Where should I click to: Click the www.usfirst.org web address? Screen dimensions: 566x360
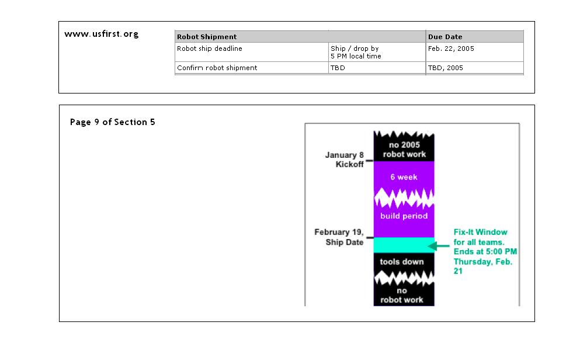102,34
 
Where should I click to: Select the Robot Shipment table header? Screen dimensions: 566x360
207,37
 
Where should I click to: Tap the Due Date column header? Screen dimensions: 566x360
445,37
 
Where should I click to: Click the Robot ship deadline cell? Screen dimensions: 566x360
209,49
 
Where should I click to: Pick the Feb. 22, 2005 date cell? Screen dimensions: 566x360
451,49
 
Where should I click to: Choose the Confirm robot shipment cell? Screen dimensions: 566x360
217,68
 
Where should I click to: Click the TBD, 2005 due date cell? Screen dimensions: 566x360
446,68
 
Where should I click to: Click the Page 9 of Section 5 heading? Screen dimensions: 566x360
113,122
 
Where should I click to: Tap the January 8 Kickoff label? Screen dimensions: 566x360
345,160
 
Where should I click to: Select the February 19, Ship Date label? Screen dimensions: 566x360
339,237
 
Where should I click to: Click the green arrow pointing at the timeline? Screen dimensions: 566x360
439,246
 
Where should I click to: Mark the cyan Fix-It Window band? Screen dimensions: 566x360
404,245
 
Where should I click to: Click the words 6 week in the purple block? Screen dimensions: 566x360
404,177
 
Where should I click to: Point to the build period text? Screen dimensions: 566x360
404,216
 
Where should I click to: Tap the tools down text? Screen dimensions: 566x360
402,261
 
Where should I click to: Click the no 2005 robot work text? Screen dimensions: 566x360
404,150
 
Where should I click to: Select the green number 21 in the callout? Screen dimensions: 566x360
458,271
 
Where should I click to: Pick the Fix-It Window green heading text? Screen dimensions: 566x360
481,232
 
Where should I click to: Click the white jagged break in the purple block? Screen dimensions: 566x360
404,198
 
